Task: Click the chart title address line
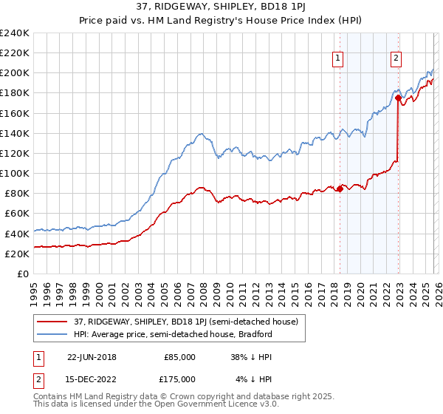[x=221, y=7]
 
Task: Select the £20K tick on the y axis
[x=17, y=254]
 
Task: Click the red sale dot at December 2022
[x=398, y=98]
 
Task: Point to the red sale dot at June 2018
[x=340, y=189]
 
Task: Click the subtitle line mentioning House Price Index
[x=221, y=20]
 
